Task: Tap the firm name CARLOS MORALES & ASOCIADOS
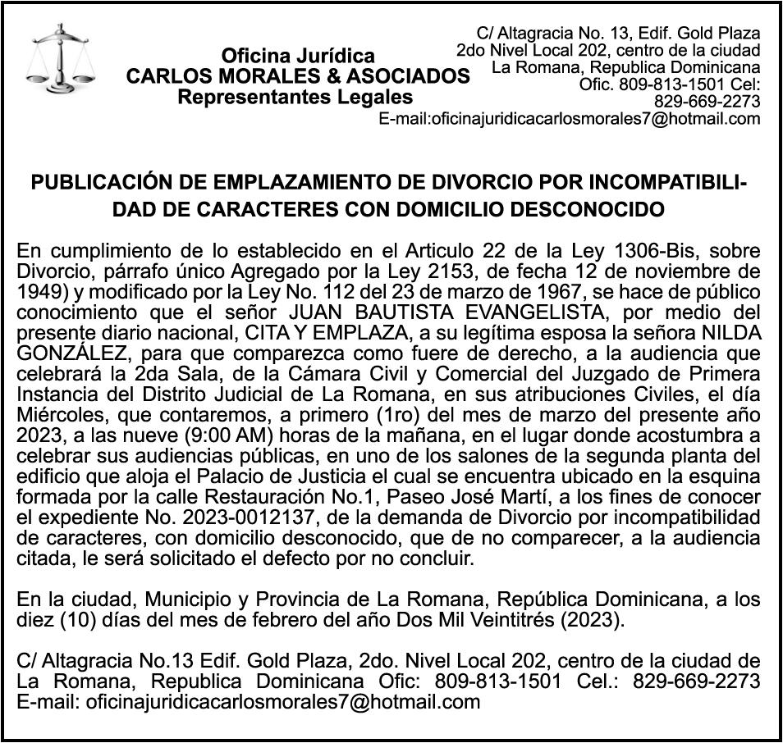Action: coord(298,77)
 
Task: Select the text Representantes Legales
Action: coord(295,98)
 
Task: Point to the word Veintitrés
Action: coord(512,619)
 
